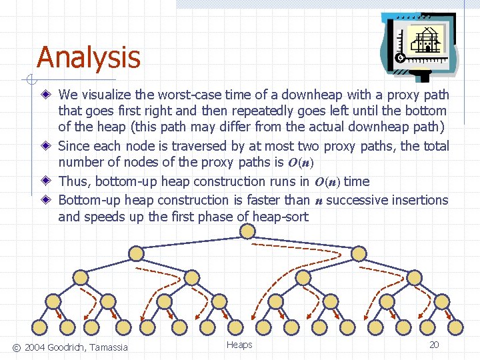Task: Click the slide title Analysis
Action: (x=89, y=57)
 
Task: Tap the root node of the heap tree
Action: (x=247, y=231)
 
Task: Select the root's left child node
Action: (x=136, y=253)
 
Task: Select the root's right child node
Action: (x=359, y=253)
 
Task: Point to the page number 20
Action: (x=434, y=345)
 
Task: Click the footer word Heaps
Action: (x=239, y=345)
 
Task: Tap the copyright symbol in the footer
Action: (x=17, y=347)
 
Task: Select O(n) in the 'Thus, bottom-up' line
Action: (x=326, y=182)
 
